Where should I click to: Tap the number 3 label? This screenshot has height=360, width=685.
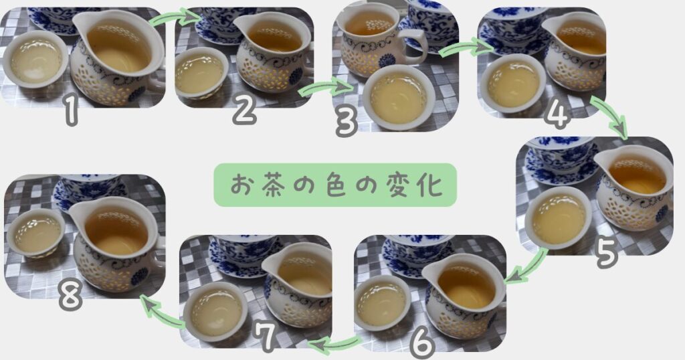347,122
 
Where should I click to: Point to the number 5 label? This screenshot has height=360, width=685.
606,254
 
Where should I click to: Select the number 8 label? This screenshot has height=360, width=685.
70,298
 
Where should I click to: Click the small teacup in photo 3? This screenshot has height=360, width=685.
399,98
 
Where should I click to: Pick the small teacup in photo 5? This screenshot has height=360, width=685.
559,217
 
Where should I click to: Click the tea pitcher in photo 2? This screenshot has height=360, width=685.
273,52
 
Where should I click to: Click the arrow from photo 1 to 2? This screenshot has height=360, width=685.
175,17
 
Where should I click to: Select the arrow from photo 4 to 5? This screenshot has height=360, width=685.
609,116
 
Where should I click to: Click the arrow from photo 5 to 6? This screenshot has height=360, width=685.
527,267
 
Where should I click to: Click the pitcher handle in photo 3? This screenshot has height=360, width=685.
417,47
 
